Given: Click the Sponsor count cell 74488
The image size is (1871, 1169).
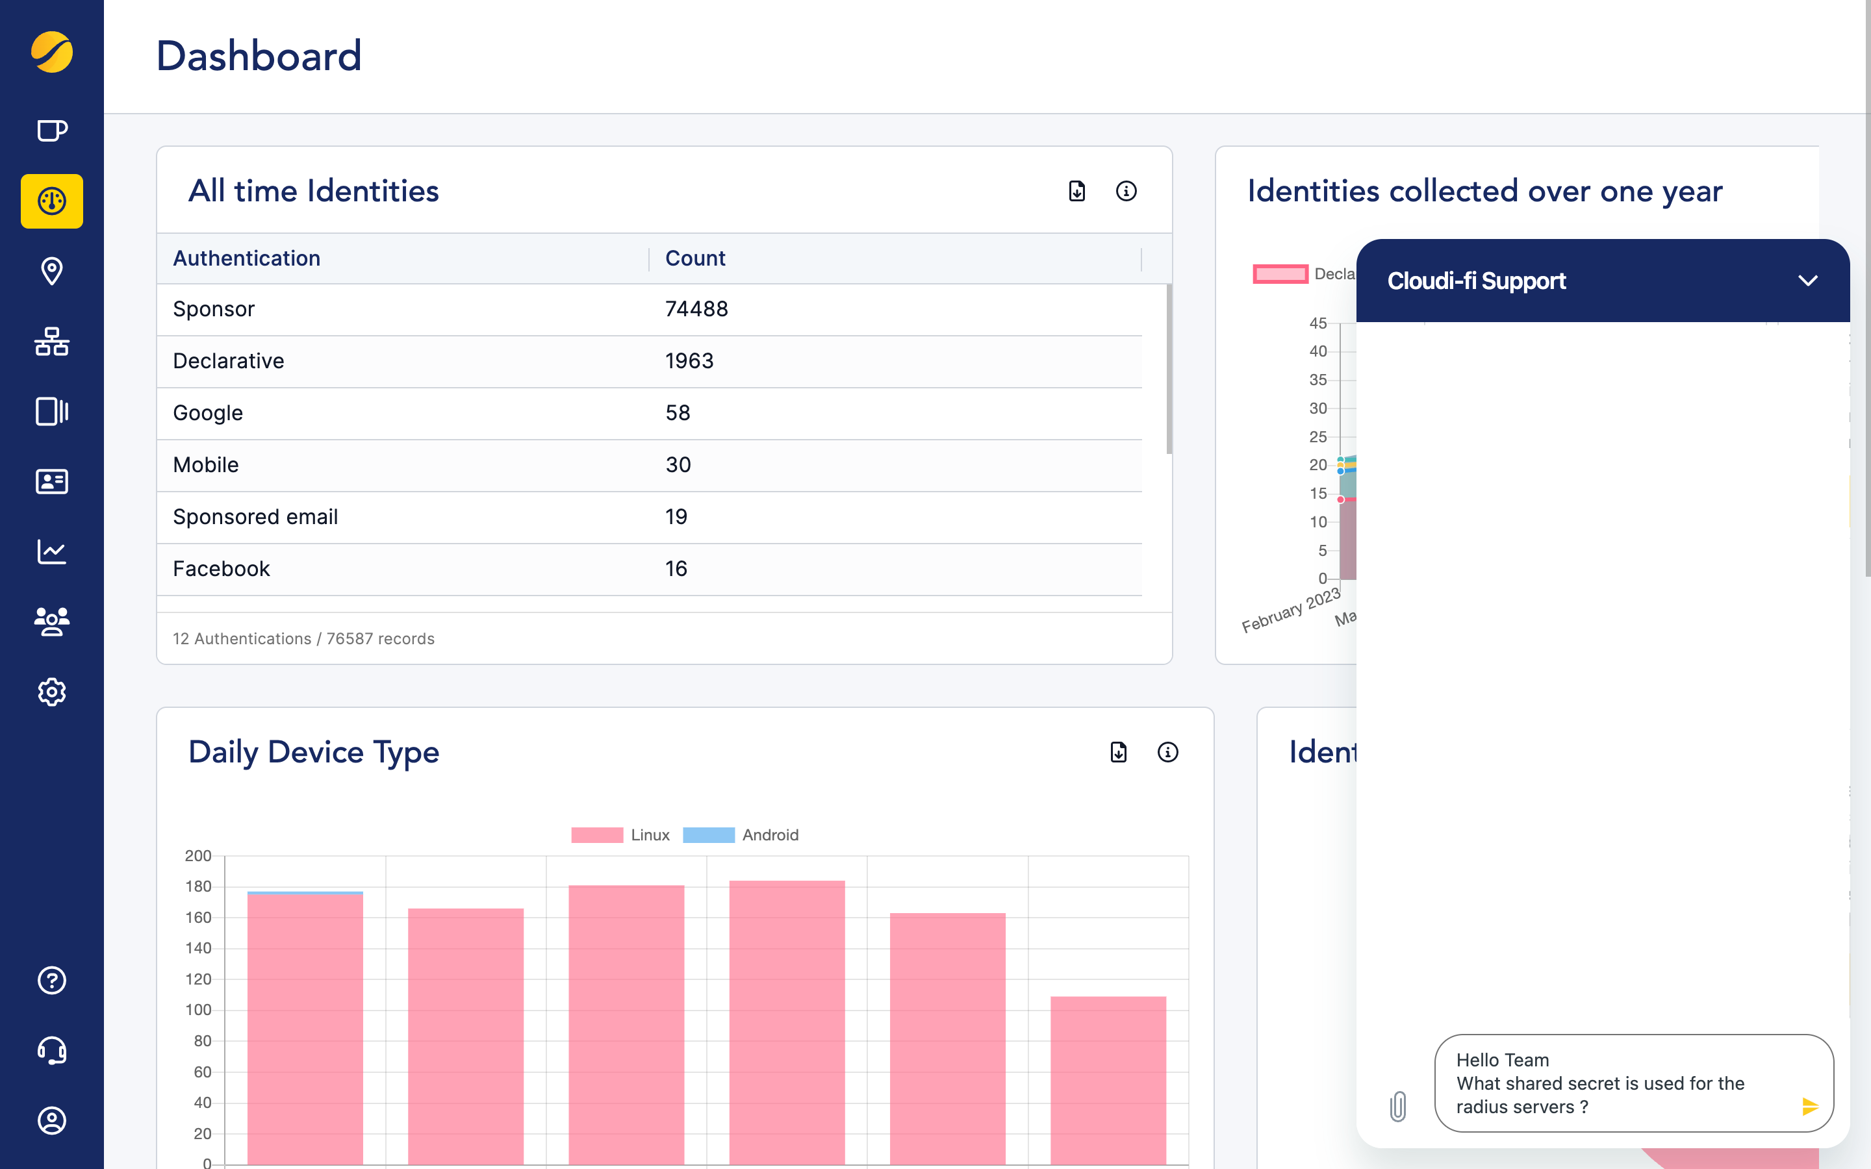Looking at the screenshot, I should [696, 309].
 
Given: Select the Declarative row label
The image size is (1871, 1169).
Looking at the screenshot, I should [228, 361].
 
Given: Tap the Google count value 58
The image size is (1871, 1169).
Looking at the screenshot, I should [678, 413].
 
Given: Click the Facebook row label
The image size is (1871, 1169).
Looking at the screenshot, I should [221, 569].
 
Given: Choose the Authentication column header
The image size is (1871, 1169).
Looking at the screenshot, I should [246, 258].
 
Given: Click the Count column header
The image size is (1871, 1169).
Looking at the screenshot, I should [695, 258].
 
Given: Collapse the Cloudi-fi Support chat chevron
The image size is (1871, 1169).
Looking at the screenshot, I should [1807, 281].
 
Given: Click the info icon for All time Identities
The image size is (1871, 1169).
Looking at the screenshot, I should [1126, 191].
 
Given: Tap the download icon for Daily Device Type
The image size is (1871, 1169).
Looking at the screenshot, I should [1119, 752].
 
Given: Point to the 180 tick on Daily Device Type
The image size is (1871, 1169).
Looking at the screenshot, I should [198, 886].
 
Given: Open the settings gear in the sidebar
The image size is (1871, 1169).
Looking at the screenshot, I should [52, 692].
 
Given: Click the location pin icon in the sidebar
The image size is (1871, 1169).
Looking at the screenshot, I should [52, 271].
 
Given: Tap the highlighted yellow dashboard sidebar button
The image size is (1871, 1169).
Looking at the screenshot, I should [52, 201].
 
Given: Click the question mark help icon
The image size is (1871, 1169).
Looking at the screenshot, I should [52, 981].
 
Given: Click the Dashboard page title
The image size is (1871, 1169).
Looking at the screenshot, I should [259, 57].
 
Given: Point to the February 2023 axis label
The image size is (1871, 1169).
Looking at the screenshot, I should [1290, 610].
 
